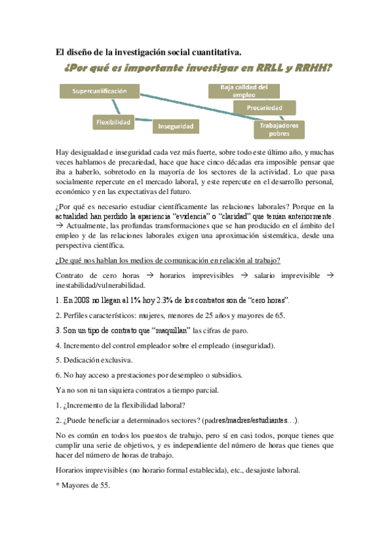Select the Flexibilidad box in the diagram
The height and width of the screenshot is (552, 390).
point(113,121)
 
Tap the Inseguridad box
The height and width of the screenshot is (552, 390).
point(176,125)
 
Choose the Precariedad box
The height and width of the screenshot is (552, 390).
point(264,107)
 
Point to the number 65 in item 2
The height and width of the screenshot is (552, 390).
point(296,316)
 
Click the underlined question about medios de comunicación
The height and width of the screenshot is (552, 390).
point(169,261)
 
